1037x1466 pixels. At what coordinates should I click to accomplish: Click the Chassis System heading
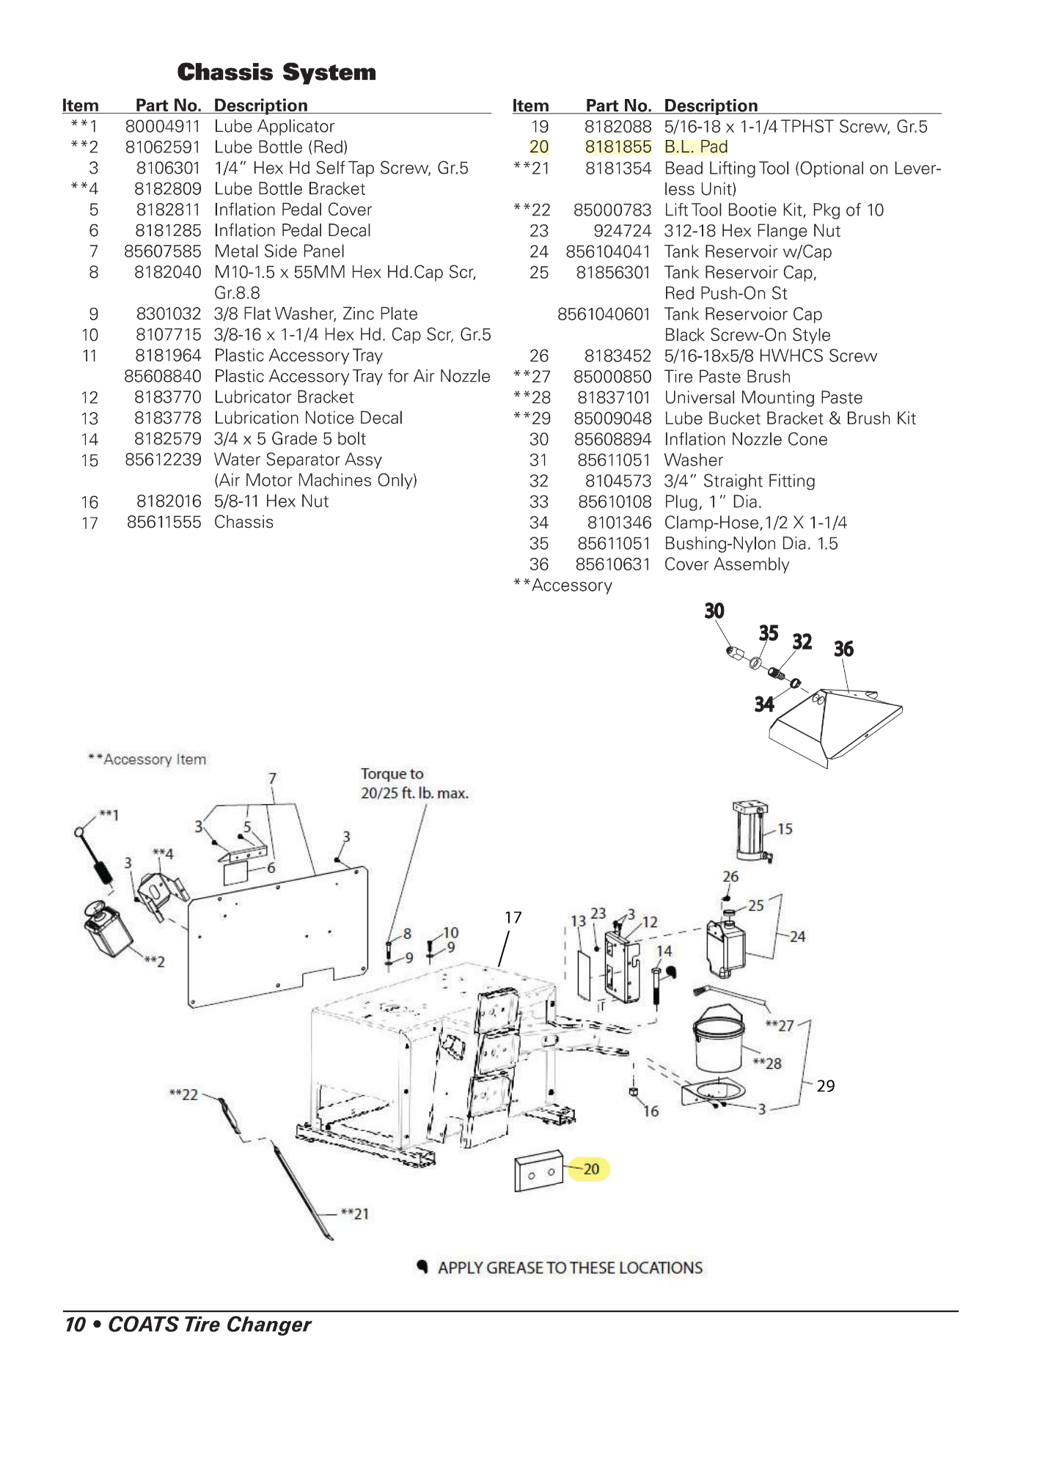pos(276,73)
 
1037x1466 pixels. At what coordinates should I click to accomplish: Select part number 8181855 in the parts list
pos(618,147)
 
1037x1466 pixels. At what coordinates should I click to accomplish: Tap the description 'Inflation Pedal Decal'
pos(293,230)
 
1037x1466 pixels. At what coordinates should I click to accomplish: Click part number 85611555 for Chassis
pos(164,522)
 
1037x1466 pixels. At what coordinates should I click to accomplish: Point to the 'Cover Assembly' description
pos(727,564)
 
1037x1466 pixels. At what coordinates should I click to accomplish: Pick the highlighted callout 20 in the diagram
pos(591,1168)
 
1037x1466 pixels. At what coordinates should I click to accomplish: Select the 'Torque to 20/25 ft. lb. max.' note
pos(414,784)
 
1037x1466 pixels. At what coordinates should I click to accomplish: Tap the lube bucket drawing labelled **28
pos(719,1037)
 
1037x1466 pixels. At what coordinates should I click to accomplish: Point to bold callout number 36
pos(843,649)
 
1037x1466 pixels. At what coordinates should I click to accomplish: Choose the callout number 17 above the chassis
pos(513,917)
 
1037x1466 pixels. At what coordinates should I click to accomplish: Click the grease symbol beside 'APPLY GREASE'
pos(422,1266)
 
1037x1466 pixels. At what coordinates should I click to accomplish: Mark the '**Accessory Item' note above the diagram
pos(147,759)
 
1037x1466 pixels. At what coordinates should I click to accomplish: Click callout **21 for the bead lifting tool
pos(356,1214)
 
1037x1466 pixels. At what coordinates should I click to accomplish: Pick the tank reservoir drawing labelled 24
pos(725,946)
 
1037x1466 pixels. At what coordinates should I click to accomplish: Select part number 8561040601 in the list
pos(604,314)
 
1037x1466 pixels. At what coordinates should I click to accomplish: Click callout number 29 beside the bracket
pos(826,1086)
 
